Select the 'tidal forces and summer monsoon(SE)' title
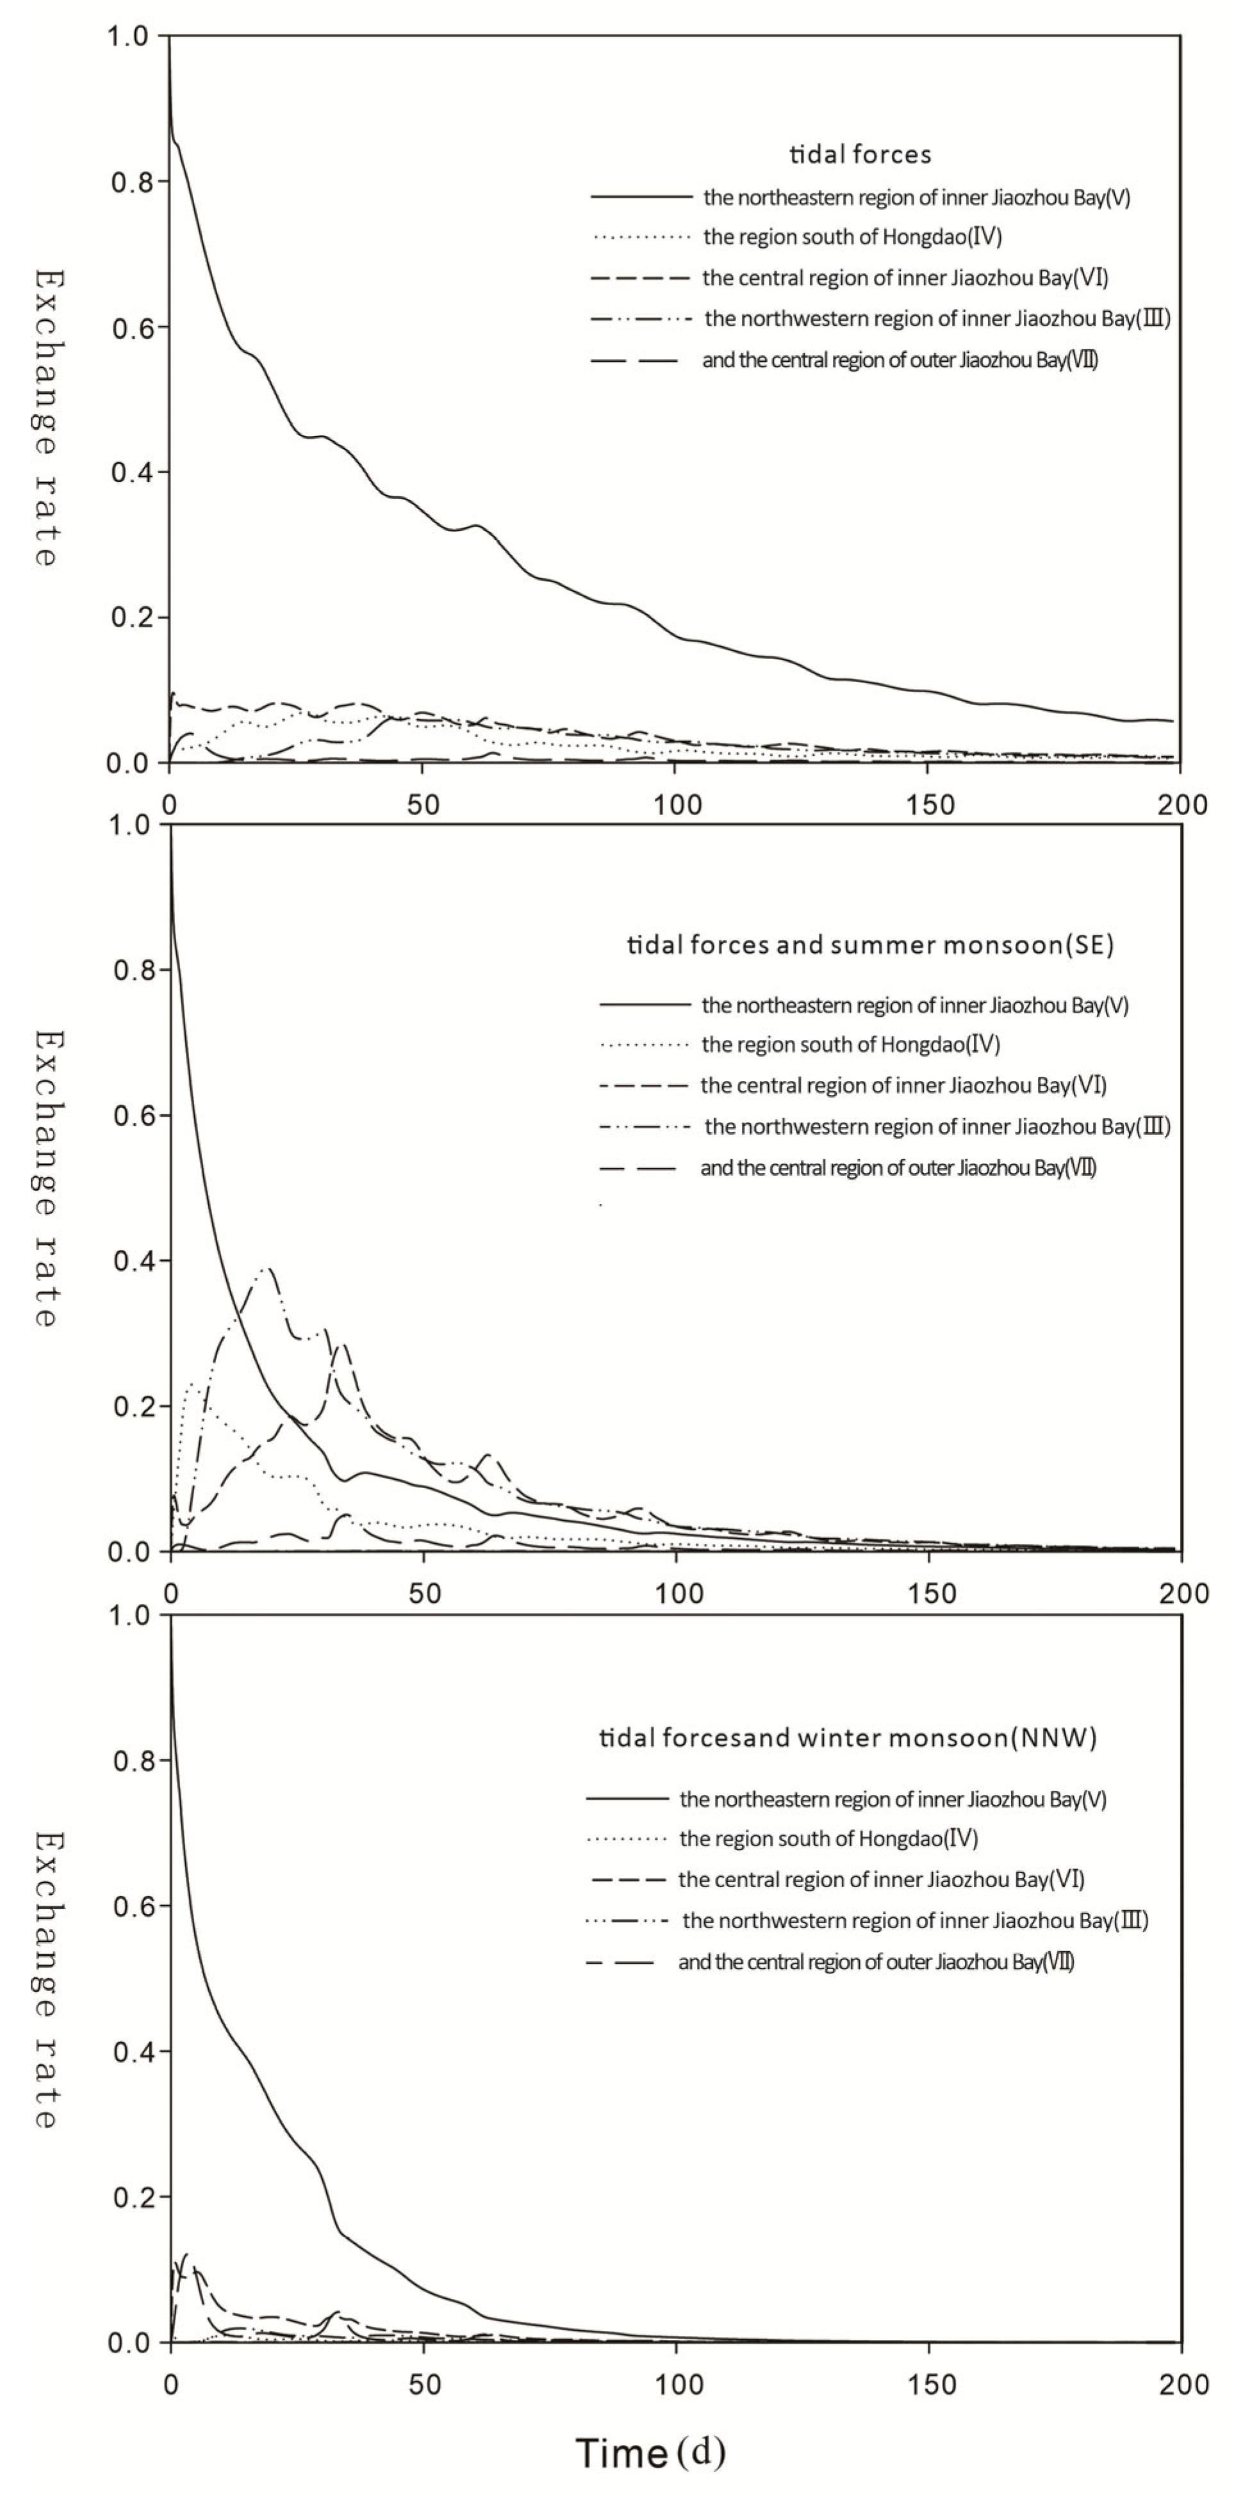(x=870, y=946)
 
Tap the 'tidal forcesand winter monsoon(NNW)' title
(x=848, y=1739)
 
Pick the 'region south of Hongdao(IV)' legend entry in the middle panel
(x=851, y=1044)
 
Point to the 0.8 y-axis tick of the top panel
(x=131, y=181)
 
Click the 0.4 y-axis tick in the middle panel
(x=131, y=1261)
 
